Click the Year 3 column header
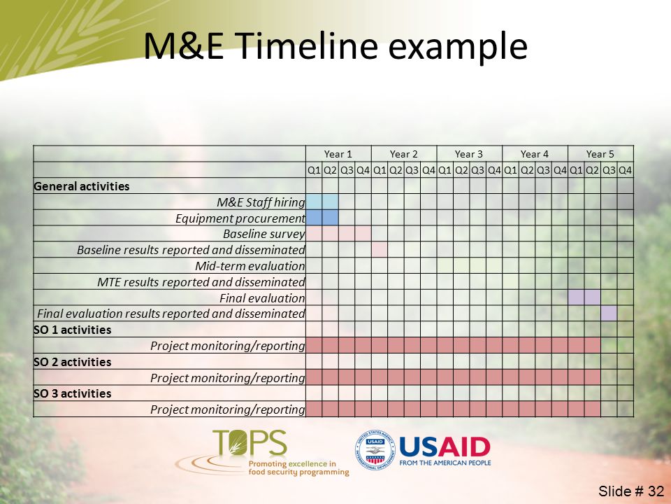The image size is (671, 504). click(469, 154)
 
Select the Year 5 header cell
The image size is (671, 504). click(600, 154)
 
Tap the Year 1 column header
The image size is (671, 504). click(338, 154)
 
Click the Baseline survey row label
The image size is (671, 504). click(264, 234)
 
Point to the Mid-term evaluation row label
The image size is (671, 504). click(250, 266)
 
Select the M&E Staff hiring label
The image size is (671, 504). click(261, 202)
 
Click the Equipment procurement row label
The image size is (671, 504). click(240, 218)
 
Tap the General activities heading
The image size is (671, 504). click(81, 186)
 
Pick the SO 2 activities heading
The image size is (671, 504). click(72, 362)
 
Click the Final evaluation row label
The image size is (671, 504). click(262, 298)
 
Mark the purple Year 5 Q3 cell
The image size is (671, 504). click(609, 314)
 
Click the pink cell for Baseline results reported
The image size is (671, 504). click(379, 249)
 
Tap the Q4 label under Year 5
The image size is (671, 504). click(625, 170)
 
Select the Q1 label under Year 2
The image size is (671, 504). click(380, 170)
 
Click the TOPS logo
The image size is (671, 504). click(262, 453)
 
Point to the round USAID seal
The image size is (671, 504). click(375, 450)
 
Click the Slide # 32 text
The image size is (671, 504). click(630, 491)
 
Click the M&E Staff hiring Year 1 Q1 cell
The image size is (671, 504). click(314, 202)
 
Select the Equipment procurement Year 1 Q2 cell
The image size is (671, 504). click(330, 218)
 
